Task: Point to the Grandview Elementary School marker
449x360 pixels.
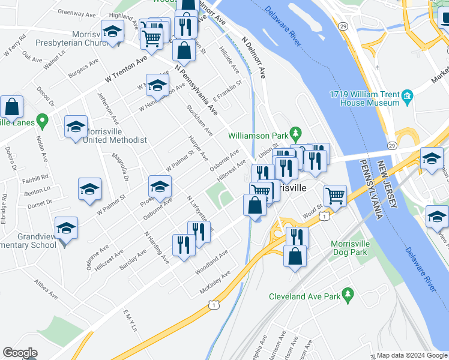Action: pyautogui.click(x=66, y=229)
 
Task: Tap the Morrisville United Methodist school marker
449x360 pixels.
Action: pyautogui.click(x=75, y=127)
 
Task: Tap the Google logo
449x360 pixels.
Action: pyautogui.click(x=20, y=353)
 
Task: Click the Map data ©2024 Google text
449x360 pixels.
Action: pyautogui.click(x=411, y=355)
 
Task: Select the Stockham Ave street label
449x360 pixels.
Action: pyautogui.click(x=200, y=122)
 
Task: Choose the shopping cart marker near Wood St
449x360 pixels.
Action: pyautogui.click(x=335, y=196)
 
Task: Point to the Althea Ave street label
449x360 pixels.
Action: pyautogui.click(x=45, y=289)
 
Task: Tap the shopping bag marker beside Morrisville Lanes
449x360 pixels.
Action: pyautogui.click(x=11, y=108)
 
